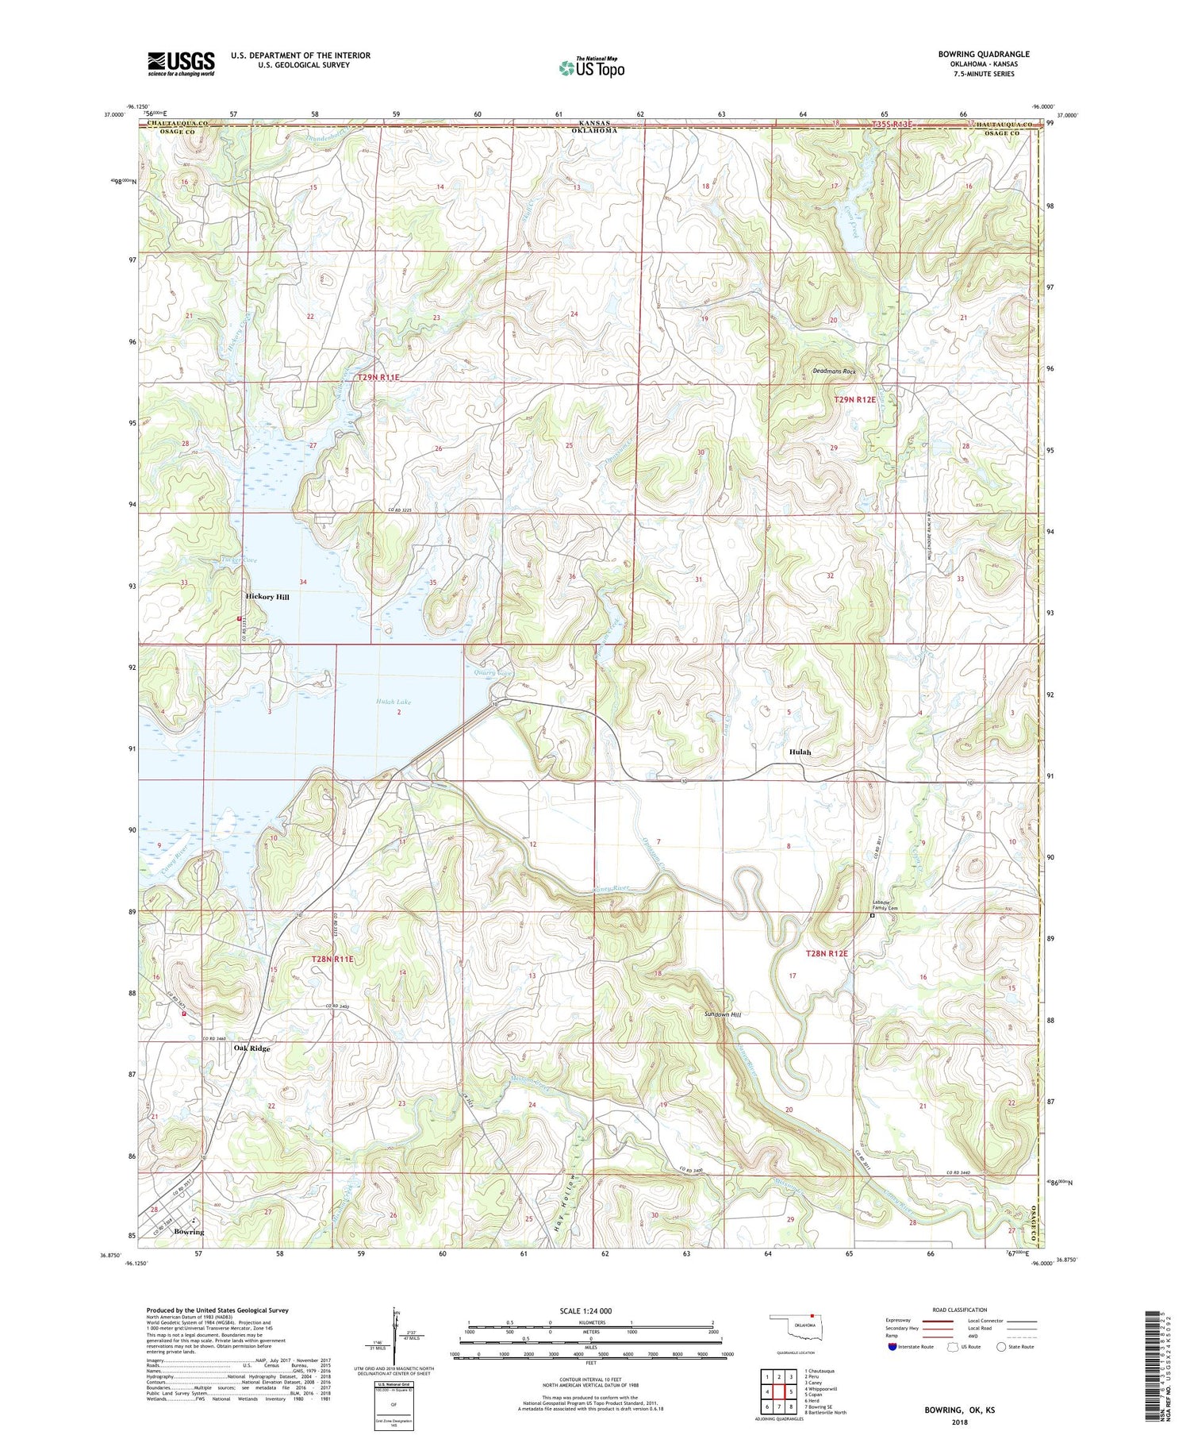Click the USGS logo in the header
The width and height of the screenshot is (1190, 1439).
[x=181, y=63]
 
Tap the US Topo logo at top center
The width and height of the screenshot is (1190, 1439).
[x=591, y=68]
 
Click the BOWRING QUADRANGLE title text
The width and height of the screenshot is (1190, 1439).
[x=983, y=54]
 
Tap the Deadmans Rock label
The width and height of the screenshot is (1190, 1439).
[x=835, y=371]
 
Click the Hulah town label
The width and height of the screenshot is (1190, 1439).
[x=800, y=752]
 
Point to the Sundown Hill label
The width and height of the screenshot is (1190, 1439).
[x=722, y=1014]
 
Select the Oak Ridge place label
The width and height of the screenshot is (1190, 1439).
[x=251, y=1048]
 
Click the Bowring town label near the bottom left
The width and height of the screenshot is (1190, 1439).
[x=189, y=1232]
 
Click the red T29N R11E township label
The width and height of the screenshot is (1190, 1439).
[x=378, y=378]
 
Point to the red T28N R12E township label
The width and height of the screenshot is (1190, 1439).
[x=827, y=953]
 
